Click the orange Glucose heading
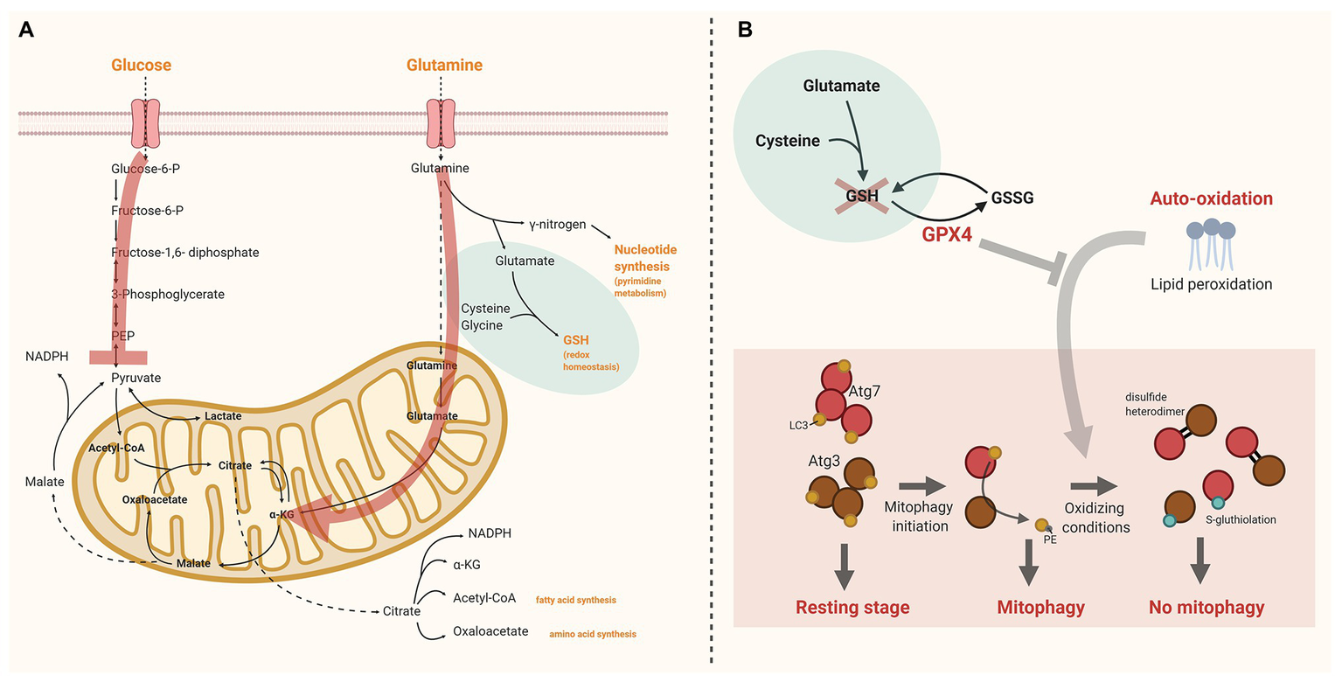click(141, 65)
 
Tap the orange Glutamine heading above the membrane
click(444, 65)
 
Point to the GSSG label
click(1012, 197)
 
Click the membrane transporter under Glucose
click(146, 122)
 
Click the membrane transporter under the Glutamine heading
click(441, 122)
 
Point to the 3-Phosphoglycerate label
click(168, 294)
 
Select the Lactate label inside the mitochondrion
click(223, 416)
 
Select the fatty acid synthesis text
click(576, 600)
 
